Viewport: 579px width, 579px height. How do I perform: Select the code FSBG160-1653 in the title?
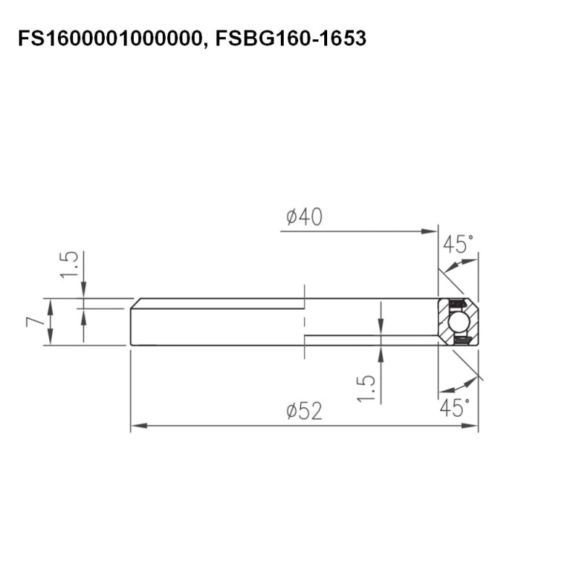[x=291, y=38]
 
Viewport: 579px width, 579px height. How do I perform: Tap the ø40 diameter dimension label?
[x=304, y=216]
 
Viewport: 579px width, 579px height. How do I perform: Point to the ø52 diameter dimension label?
[x=304, y=411]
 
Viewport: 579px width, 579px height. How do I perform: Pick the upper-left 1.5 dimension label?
[x=69, y=265]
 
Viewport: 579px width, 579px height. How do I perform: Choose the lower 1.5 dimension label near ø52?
[x=368, y=389]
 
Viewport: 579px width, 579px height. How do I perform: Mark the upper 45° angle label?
[x=459, y=245]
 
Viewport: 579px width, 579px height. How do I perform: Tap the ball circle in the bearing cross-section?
[x=457, y=321]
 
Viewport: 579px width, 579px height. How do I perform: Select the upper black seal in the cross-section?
[x=457, y=303]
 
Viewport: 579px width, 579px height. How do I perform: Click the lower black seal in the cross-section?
[x=460, y=339]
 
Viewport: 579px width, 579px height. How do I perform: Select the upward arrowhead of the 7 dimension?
[x=51, y=303]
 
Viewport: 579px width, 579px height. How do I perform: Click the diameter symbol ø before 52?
[x=292, y=411]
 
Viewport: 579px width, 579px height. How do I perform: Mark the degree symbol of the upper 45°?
[x=473, y=238]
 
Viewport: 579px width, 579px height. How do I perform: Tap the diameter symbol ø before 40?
[x=292, y=216]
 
